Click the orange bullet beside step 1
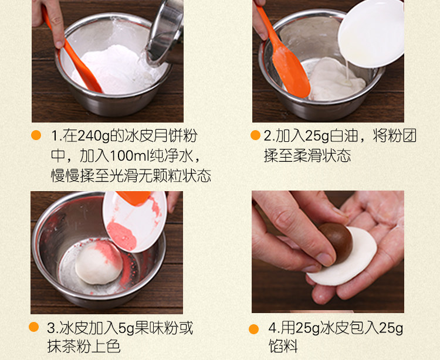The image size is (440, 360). tap(36, 135)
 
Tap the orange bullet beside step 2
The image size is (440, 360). tap(255, 135)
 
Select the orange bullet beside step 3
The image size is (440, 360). tap(33, 327)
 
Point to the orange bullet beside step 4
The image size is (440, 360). tap(253, 329)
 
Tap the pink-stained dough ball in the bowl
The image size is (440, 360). tap(99, 263)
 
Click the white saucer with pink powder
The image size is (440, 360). tap(135, 222)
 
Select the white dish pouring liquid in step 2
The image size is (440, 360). tap(371, 33)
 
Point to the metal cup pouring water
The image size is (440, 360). tap(165, 32)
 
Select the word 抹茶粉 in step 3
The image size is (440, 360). tap(69, 347)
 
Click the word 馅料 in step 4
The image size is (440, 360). tap(283, 346)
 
